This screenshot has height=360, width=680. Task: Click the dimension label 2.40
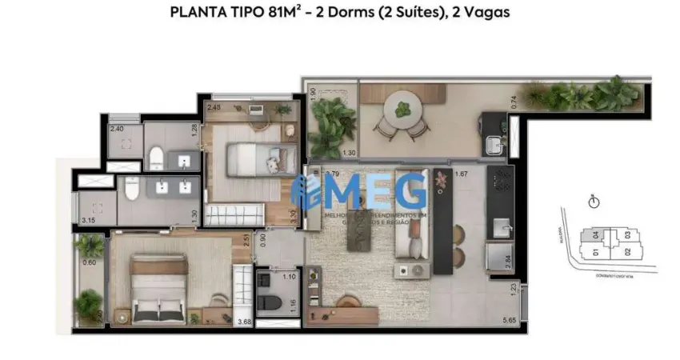click(117, 129)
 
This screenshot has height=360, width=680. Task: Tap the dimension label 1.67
click(461, 174)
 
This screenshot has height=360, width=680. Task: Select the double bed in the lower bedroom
click(159, 290)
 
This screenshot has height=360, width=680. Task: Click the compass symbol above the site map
click(594, 202)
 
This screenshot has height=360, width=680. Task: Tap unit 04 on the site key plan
click(595, 235)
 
